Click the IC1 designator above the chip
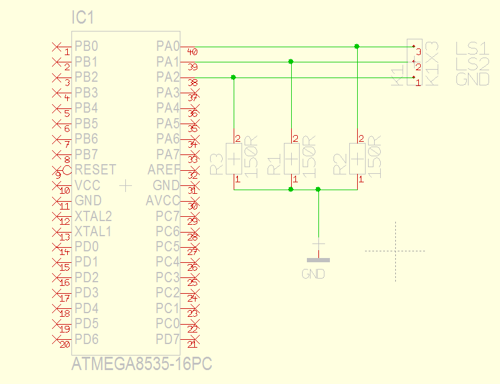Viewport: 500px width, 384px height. (x=83, y=19)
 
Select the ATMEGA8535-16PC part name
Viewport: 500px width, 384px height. (x=142, y=365)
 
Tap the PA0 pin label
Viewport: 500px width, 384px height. (x=168, y=46)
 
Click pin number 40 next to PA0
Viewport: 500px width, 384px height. (x=192, y=51)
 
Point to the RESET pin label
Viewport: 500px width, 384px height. (x=95, y=170)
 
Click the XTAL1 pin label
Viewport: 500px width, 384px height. (x=93, y=231)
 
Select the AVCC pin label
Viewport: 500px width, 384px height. (x=163, y=200)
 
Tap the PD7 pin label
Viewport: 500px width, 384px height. (x=168, y=339)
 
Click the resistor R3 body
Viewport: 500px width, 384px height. (x=234, y=159)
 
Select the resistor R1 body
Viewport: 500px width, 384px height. (x=292, y=159)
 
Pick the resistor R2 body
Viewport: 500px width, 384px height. (x=357, y=159)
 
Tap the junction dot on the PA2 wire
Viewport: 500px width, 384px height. (x=234, y=77)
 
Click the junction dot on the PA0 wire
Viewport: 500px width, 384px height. (x=357, y=46)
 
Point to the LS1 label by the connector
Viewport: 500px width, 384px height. (x=472, y=48)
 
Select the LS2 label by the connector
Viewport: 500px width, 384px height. (x=472, y=64)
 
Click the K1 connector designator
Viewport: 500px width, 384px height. (x=398, y=76)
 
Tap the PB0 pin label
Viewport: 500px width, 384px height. (x=86, y=46)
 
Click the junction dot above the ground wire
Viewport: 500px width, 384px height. (x=318, y=190)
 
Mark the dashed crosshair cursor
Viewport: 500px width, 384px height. (x=395, y=251)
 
